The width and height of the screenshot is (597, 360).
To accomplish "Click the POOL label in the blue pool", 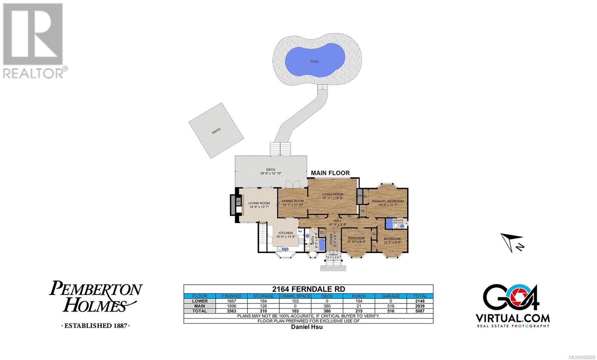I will (x=315, y=62).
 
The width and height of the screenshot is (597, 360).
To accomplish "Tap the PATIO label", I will (x=216, y=131).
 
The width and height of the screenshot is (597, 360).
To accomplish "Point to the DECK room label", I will (x=271, y=170).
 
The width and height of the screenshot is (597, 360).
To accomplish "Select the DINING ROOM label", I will (x=293, y=201).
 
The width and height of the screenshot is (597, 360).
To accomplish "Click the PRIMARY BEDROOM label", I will (x=387, y=201).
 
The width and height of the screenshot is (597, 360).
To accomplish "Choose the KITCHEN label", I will (x=285, y=233).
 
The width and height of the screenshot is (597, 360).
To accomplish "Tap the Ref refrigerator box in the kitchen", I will (x=300, y=231).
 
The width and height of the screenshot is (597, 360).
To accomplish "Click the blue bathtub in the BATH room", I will (x=322, y=245).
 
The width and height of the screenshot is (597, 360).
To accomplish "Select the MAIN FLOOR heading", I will (x=330, y=173).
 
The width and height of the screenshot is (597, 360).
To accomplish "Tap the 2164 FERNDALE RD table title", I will (x=308, y=289).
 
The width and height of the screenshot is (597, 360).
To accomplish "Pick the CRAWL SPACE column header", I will (x=295, y=296).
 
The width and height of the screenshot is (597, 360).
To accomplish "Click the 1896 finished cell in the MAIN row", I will (x=231, y=306).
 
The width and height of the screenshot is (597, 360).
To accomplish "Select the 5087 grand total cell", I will (x=420, y=311).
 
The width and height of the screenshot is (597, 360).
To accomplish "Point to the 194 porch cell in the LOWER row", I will (x=359, y=301).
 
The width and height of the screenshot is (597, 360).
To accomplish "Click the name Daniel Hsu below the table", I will (x=307, y=327).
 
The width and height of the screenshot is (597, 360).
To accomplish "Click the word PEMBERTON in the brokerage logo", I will (x=96, y=289).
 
